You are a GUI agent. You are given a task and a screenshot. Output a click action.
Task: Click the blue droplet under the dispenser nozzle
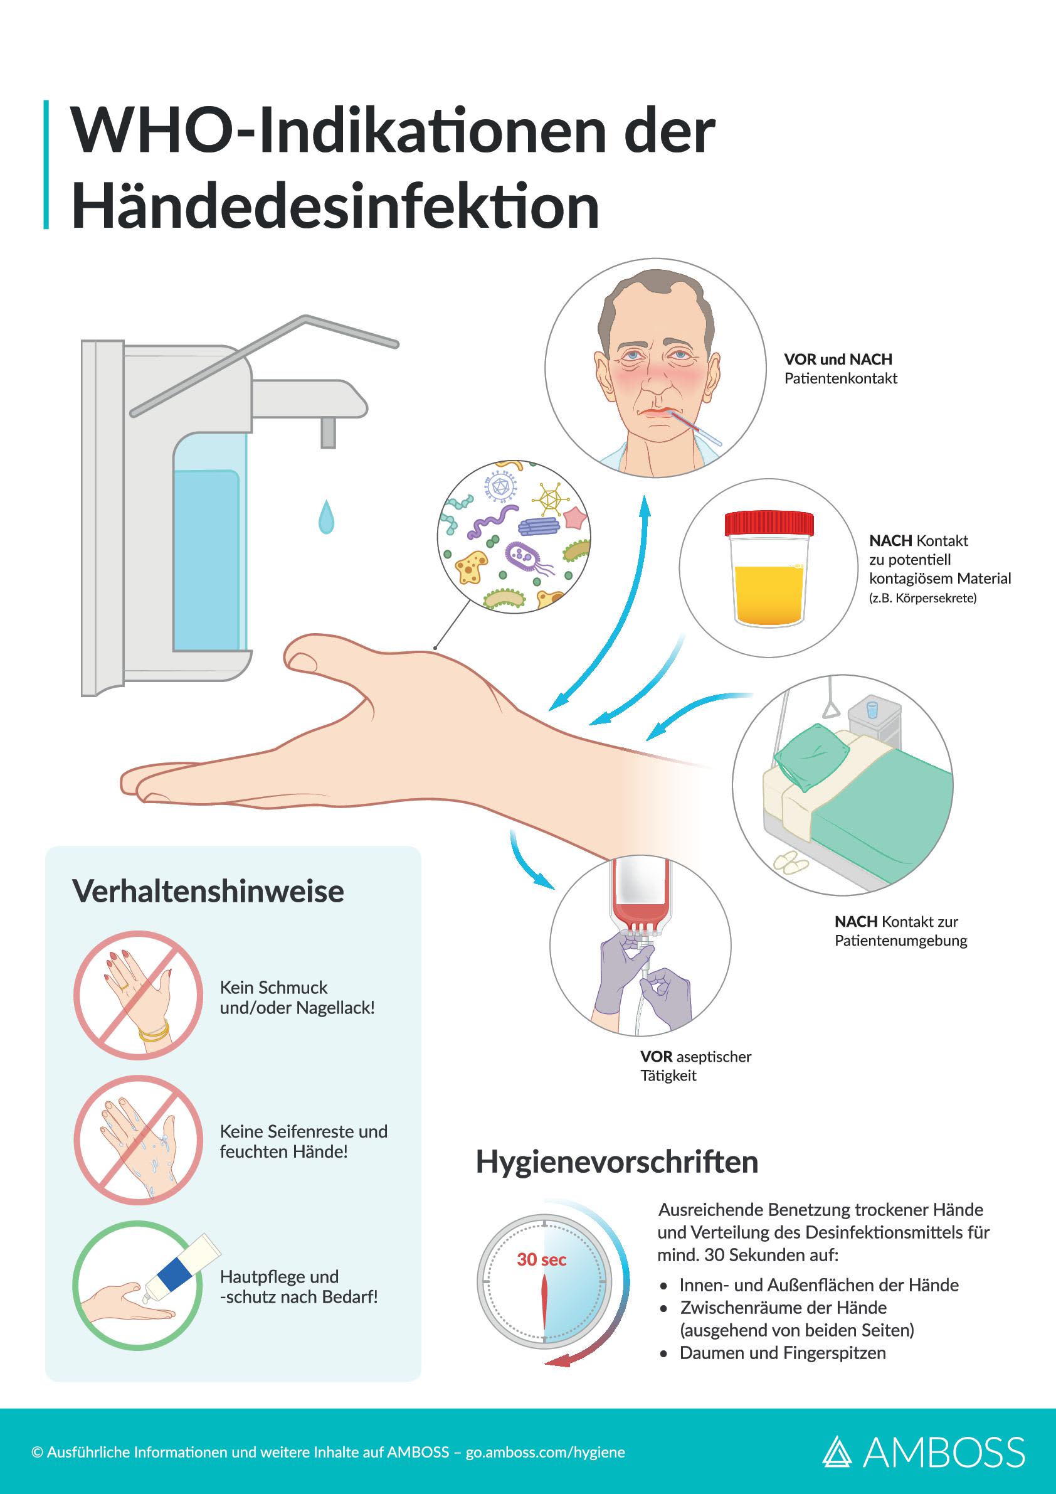coord(327,517)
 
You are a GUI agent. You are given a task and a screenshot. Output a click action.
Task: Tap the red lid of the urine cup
coord(769,523)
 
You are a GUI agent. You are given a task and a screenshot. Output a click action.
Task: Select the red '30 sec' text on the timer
coord(542,1260)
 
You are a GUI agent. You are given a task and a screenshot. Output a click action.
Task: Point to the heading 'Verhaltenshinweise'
coord(208,892)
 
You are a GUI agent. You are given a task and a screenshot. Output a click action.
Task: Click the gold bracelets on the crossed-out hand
coord(154,1032)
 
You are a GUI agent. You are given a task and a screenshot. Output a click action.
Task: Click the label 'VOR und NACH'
coord(838,359)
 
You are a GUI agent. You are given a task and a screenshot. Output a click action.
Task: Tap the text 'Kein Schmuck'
coord(273,988)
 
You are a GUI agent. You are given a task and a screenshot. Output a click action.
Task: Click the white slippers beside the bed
coord(791,862)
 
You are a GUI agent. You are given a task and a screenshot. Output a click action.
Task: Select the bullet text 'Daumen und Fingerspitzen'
coord(782,1353)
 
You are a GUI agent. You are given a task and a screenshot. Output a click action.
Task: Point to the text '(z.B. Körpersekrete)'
coord(922,598)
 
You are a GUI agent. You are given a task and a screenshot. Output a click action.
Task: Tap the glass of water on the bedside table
coord(872,709)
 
